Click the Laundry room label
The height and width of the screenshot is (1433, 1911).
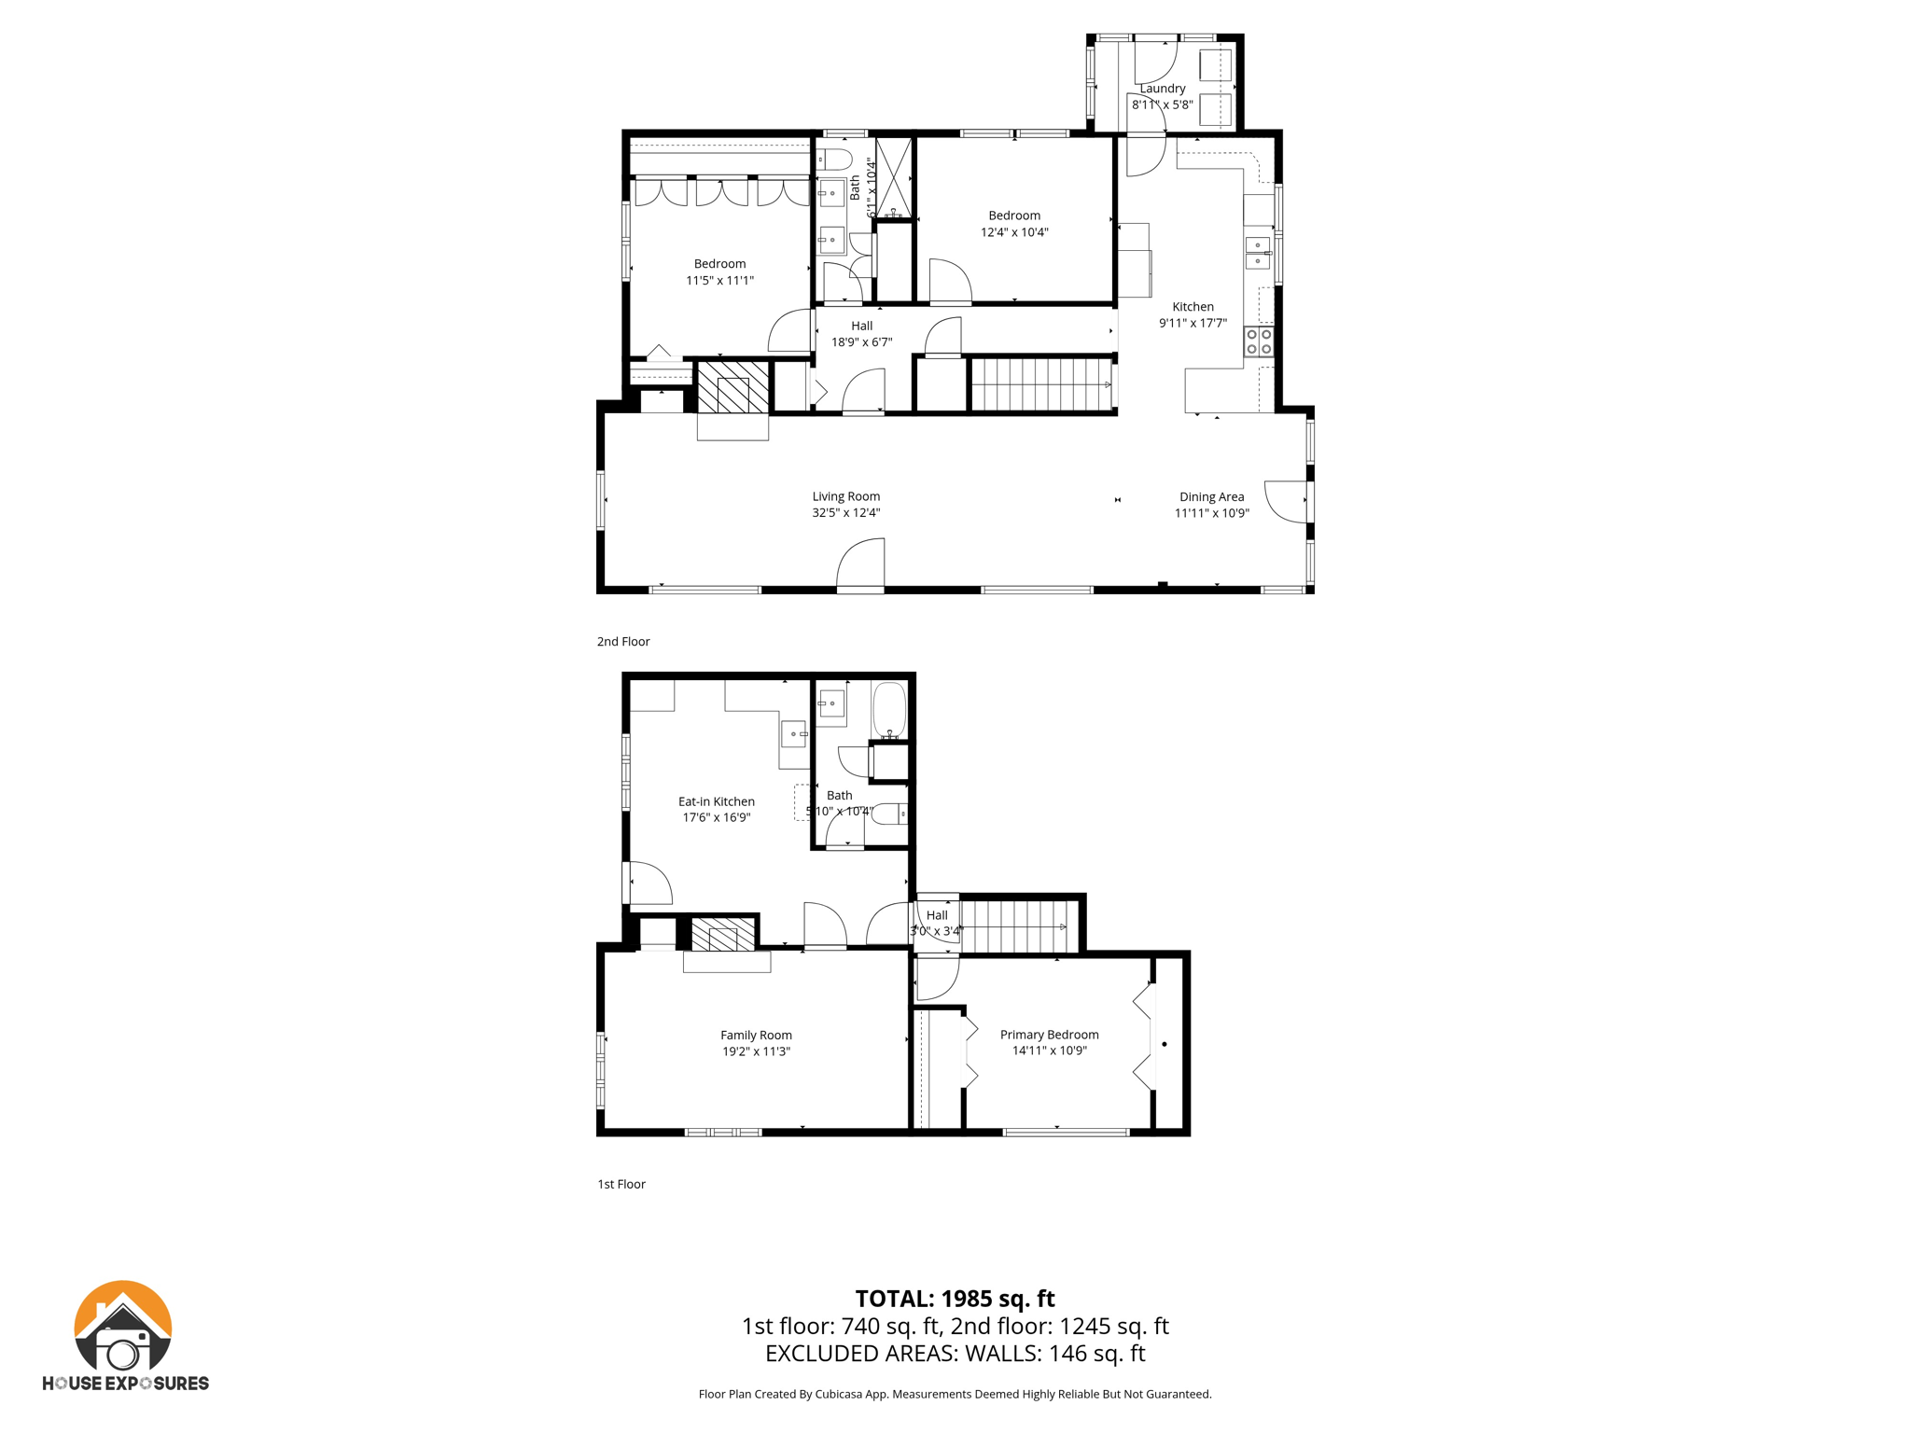click(x=1162, y=89)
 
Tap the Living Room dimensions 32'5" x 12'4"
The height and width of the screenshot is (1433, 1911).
click(x=845, y=512)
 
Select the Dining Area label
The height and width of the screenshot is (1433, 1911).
click(x=1211, y=496)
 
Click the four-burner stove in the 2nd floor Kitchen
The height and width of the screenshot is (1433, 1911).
click(x=1259, y=341)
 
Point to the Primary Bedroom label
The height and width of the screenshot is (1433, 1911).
click(x=1049, y=1034)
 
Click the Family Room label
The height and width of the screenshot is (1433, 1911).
click(x=756, y=1035)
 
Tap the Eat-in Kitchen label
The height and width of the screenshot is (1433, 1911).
click(x=716, y=801)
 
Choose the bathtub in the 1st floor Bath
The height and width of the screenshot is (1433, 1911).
click(x=889, y=710)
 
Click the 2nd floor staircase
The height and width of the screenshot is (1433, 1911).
click(x=1040, y=384)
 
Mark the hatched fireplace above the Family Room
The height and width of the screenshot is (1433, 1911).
click(x=722, y=935)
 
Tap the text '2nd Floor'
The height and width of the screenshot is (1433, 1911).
click(x=623, y=641)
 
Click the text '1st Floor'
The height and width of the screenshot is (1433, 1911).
click(x=621, y=1184)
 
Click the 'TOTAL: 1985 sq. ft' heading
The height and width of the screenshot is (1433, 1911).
click(x=955, y=1298)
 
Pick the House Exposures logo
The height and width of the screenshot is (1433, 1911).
click(x=124, y=1335)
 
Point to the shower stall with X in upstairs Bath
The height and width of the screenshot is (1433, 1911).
click(x=893, y=176)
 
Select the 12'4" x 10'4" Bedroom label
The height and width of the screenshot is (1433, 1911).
click(x=1014, y=216)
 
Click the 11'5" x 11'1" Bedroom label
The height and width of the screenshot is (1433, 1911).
click(x=719, y=264)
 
